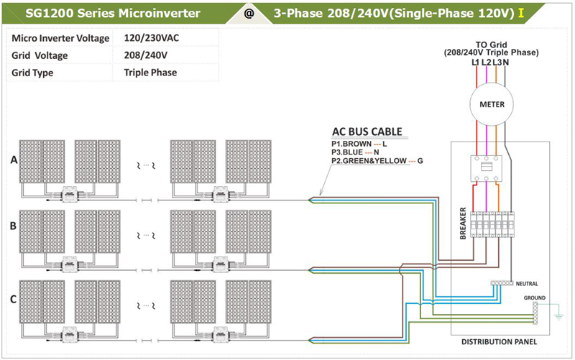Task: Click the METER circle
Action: (491, 105)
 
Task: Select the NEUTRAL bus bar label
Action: (525, 284)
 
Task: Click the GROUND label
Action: (534, 297)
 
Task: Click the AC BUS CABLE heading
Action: (367, 132)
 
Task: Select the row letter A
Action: (13, 160)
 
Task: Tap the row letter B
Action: (13, 226)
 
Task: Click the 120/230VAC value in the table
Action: (151, 38)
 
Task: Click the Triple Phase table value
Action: (150, 73)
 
